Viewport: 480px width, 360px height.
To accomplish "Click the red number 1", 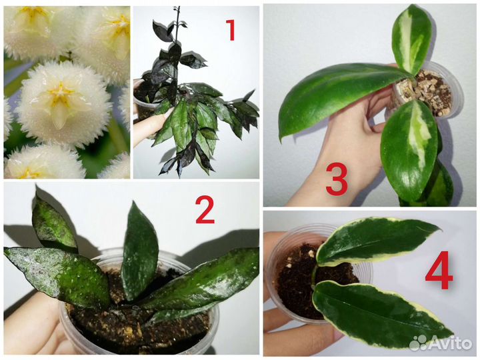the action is coord(230,30).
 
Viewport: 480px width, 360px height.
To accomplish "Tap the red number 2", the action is coord(205,209).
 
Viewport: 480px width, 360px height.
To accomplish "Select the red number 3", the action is coord(337,180).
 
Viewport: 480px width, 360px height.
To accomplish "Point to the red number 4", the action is coord(439,270).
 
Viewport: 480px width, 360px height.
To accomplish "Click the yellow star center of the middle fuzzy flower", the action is coord(60,92).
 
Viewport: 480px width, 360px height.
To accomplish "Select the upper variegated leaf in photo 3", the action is coord(411,38).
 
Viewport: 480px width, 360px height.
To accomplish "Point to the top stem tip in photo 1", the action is coord(176,8).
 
